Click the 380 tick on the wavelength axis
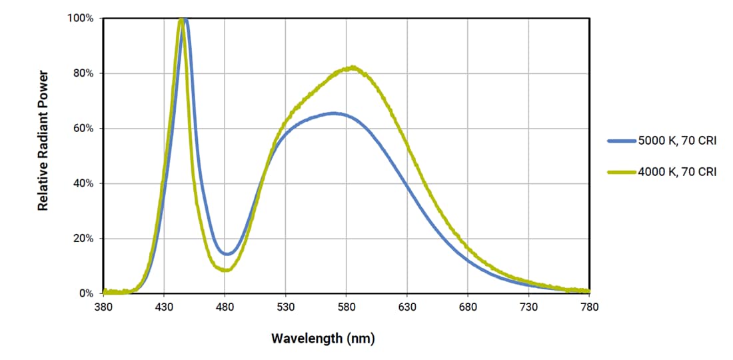pyautogui.click(x=103, y=307)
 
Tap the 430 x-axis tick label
pyautogui.click(x=164, y=307)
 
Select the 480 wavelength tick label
pyautogui.click(x=225, y=307)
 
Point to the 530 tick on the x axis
pyautogui.click(x=285, y=307)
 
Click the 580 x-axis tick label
pyautogui.click(x=347, y=307)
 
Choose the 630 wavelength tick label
pyautogui.click(x=407, y=307)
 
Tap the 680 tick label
pyautogui.click(x=468, y=307)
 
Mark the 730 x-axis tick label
pyautogui.click(x=528, y=307)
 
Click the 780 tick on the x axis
pyautogui.click(x=590, y=307)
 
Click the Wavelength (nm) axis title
pyautogui.click(x=323, y=338)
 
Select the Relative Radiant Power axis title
pyautogui.click(x=43, y=140)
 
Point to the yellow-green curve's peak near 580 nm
pyautogui.click(x=353, y=67)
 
